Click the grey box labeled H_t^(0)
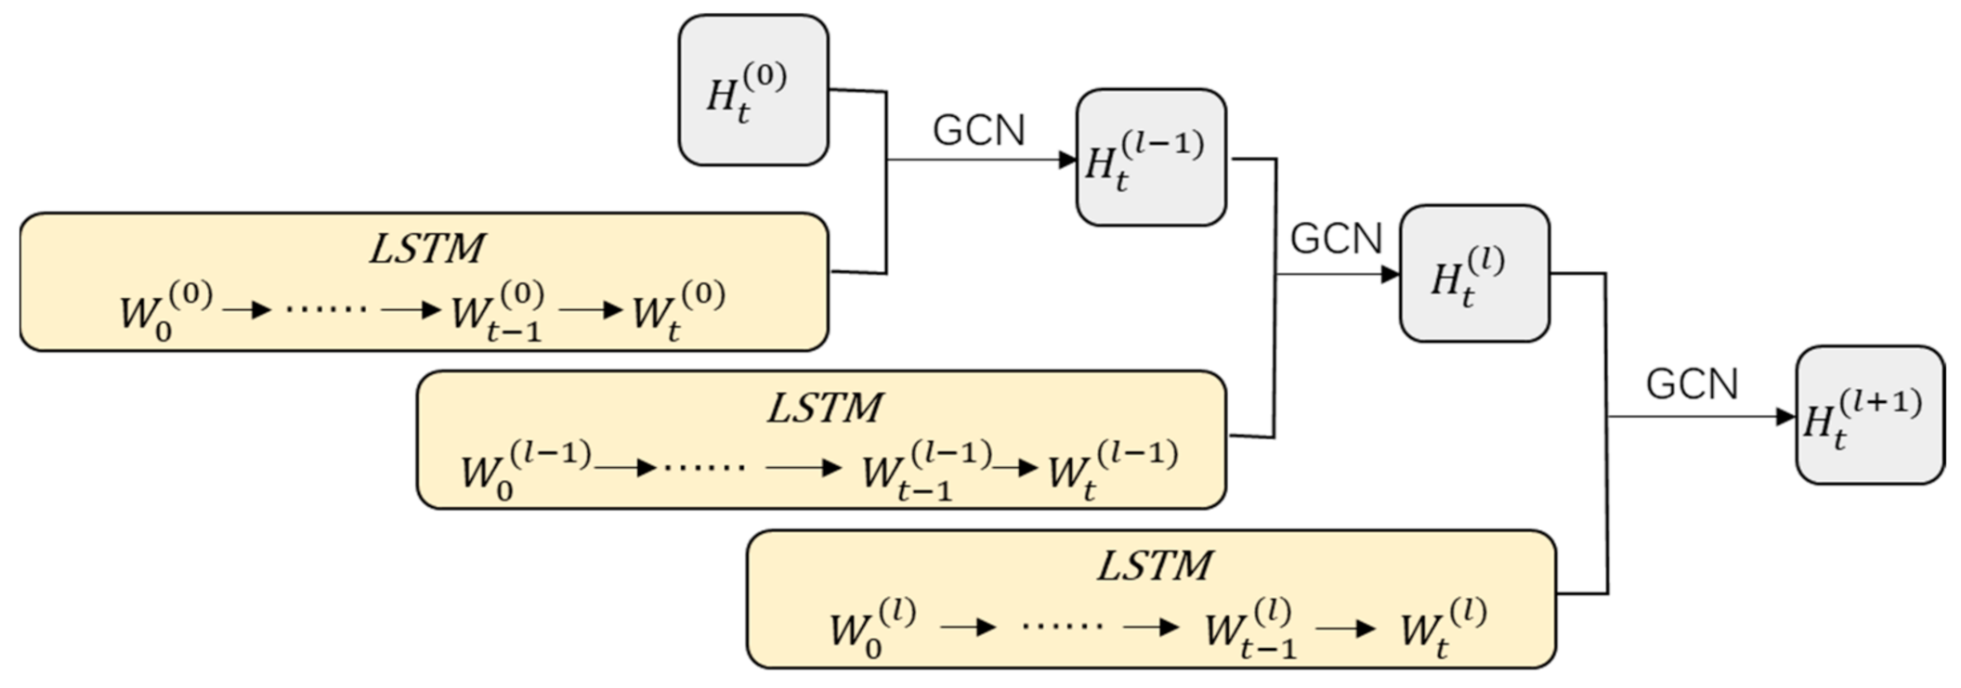click(x=752, y=90)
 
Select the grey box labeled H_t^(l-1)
click(x=1150, y=157)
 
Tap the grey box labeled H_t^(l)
click(x=1473, y=274)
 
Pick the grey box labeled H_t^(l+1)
click(x=1868, y=415)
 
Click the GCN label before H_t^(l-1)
click(x=978, y=130)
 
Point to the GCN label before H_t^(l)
click(x=1335, y=239)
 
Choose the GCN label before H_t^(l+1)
click(x=1691, y=383)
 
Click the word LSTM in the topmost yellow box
click(x=426, y=249)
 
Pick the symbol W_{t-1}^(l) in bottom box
click(x=1249, y=629)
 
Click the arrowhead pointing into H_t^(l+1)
click(x=1785, y=417)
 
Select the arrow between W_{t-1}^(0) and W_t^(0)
click(x=591, y=309)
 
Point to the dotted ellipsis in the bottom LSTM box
click(x=1061, y=626)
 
